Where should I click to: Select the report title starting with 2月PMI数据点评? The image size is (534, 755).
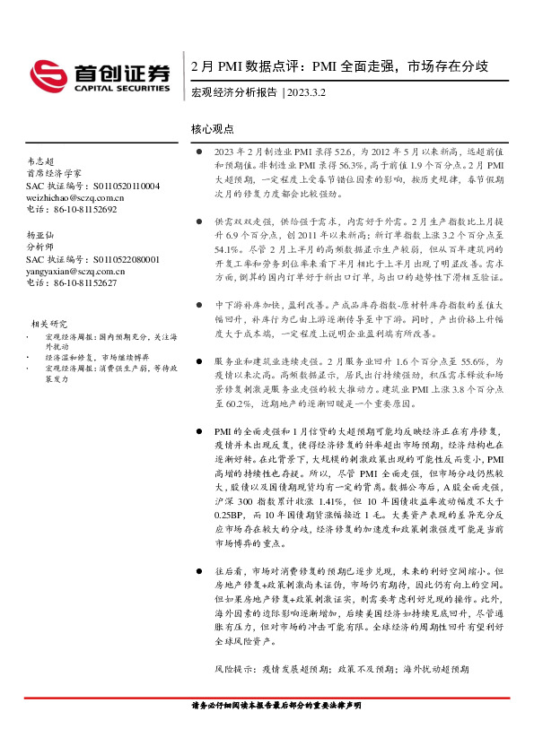[x=339, y=66]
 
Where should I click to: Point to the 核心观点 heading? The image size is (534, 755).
[x=213, y=129]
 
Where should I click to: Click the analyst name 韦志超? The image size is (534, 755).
[x=41, y=161]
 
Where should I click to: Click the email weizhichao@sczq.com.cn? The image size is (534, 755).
[x=75, y=197]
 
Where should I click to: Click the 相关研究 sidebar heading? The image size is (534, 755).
[x=50, y=324]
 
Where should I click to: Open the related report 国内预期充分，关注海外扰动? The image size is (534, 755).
[x=85, y=340]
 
